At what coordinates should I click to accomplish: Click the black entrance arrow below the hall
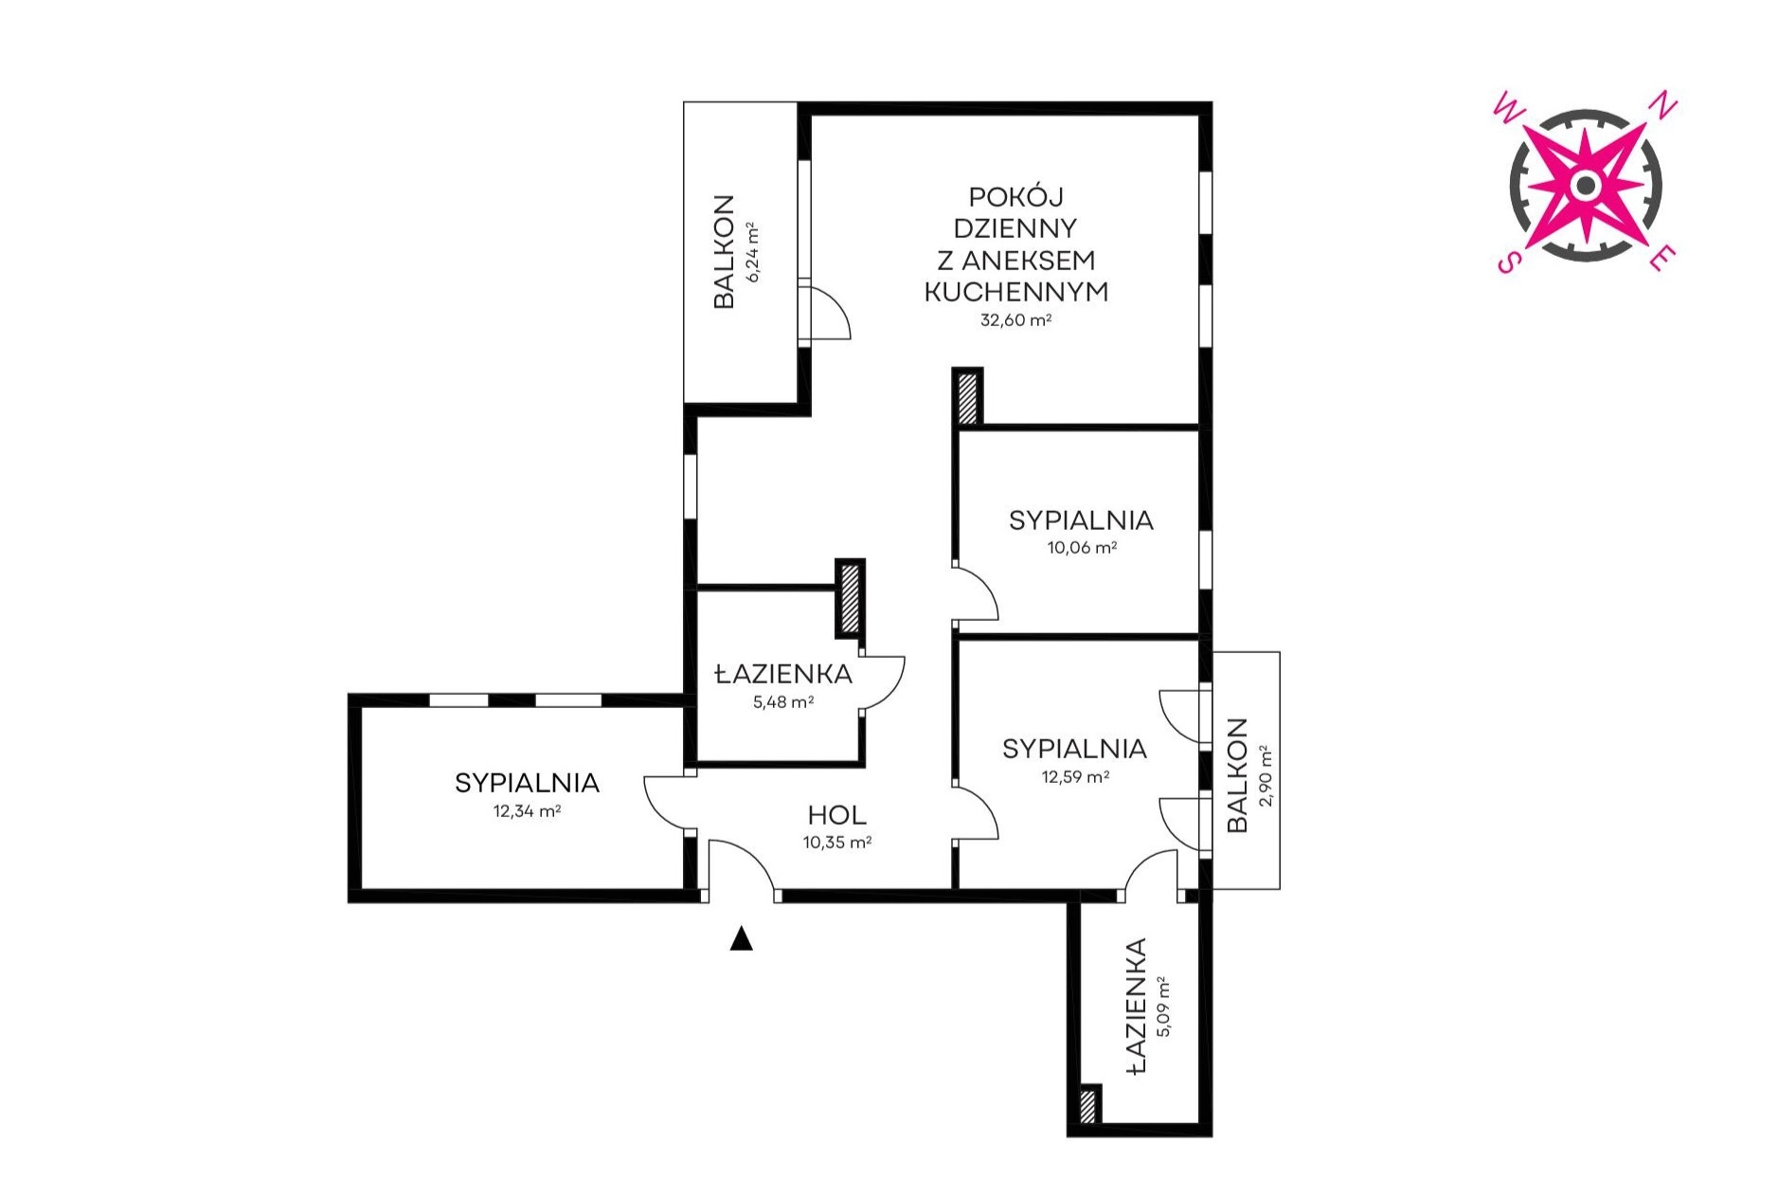point(741,938)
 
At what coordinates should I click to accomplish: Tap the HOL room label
point(837,815)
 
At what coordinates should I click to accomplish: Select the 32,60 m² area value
point(1015,320)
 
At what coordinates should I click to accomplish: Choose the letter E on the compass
point(1662,257)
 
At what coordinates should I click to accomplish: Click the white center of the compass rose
point(1585,185)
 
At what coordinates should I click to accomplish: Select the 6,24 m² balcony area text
point(752,252)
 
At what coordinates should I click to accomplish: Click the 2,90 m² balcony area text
point(1266,775)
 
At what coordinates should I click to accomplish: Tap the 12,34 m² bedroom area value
point(527,811)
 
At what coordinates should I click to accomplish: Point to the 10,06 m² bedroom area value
point(1082,548)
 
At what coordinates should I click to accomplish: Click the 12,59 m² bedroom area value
point(1075,777)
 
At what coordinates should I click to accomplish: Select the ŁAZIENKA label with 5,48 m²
point(783,674)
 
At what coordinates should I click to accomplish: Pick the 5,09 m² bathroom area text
point(1163,1007)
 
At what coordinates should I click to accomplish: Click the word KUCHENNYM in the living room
point(1015,292)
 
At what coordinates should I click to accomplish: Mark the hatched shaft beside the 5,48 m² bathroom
point(850,599)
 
